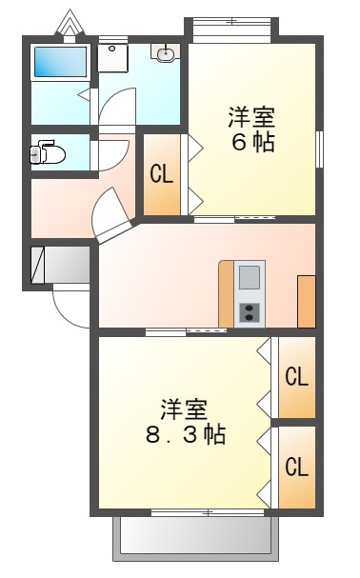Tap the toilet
48,153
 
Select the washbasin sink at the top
167,54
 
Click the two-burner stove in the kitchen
250,312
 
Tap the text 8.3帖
186,436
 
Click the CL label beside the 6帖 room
161,174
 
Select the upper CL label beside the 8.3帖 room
297,377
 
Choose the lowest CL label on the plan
297,468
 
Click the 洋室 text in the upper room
251,119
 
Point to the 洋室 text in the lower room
184,410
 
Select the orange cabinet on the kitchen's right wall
306,301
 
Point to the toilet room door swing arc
112,152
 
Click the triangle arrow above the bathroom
69,22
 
